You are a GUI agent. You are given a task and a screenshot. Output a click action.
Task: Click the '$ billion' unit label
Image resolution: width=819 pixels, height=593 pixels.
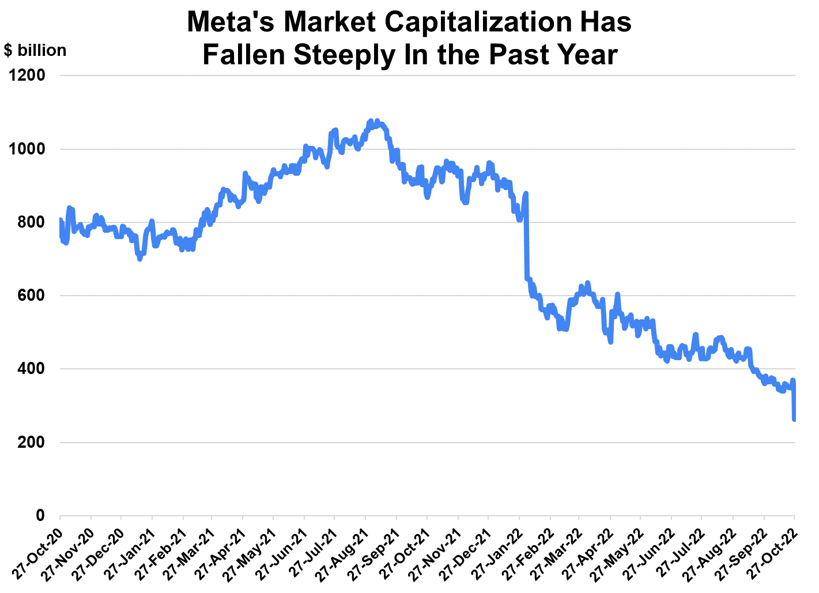point(35,51)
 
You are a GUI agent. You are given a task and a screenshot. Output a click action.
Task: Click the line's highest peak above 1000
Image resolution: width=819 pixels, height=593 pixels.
point(371,120)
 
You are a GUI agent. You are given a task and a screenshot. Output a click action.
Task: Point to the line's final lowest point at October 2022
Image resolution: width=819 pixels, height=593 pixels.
point(795,420)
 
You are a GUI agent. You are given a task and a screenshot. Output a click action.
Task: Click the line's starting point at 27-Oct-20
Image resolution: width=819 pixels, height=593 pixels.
point(60,220)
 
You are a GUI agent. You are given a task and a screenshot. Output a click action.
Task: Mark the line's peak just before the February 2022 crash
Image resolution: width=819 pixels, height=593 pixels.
point(526,193)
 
